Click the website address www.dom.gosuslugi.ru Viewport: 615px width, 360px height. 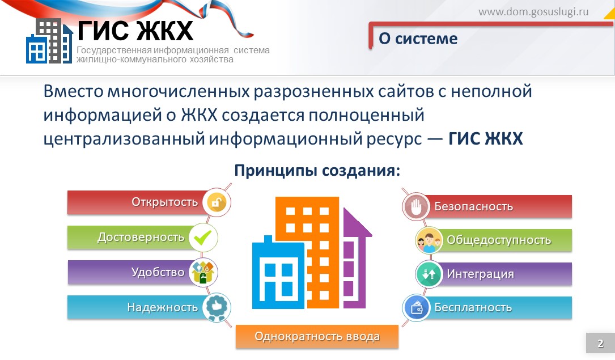(533, 12)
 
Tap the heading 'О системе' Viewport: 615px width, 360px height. (418, 39)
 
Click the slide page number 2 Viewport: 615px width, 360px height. (600, 343)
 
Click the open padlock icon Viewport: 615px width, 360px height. (217, 202)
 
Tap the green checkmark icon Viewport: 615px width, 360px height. (203, 237)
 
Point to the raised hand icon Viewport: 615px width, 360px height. (416, 206)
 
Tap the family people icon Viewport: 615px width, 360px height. (429, 240)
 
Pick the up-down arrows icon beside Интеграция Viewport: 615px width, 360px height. (429, 274)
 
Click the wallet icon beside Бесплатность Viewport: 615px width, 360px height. (416, 308)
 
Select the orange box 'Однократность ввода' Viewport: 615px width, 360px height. (317, 337)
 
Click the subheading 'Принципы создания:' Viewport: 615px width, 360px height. (317, 171)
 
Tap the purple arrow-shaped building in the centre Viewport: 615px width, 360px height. (356, 259)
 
